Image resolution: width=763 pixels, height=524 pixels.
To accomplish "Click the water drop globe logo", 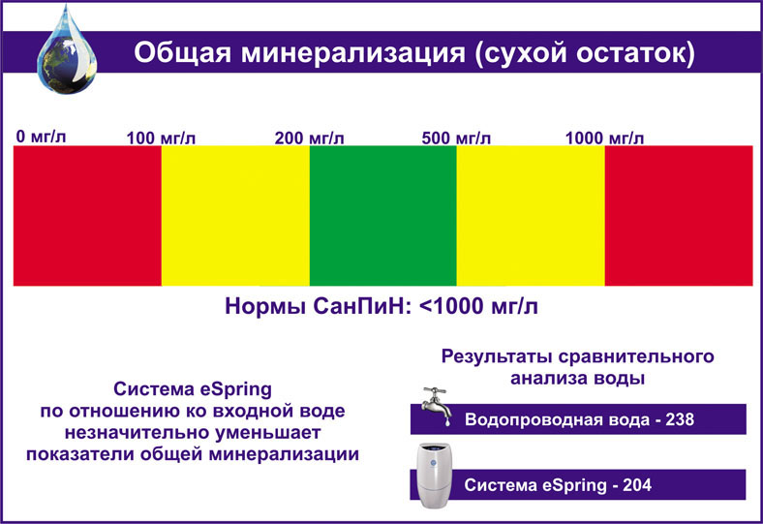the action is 67,51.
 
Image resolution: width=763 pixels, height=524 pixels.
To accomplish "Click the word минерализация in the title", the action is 353,52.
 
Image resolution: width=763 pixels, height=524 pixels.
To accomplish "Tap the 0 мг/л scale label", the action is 41,137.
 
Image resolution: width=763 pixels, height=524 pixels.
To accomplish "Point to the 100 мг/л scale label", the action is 161,139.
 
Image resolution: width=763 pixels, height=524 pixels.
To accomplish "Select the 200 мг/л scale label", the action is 309,139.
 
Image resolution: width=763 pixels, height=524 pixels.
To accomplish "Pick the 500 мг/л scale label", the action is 456,139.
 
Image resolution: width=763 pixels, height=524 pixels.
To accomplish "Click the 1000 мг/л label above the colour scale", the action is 604,139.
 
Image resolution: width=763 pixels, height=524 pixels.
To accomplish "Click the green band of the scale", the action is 383,216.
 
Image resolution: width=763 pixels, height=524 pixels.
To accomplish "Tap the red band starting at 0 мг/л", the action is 87,216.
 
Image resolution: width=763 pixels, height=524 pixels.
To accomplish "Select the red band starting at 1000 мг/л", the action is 679,216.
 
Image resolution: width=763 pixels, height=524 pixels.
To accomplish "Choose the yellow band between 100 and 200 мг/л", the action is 235,216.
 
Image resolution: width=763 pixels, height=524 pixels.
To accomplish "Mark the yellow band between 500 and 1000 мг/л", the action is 531,216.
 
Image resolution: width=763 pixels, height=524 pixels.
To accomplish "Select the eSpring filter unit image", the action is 434,476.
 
